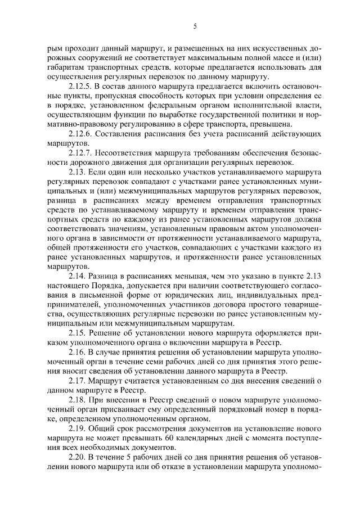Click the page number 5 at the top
[x=195, y=26]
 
